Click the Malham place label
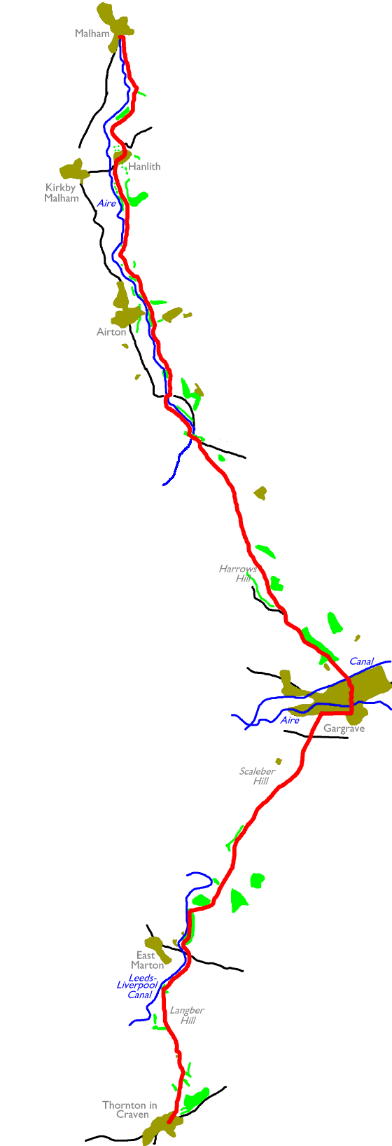[92, 34]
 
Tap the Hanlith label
[144, 167]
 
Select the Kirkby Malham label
[62, 193]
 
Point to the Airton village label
[111, 332]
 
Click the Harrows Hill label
[238, 574]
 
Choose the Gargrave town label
[344, 729]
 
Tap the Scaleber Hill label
[257, 776]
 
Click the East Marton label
[147, 960]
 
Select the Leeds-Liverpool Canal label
[137, 986]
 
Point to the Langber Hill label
[186, 1015]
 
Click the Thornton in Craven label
[129, 1110]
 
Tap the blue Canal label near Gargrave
[362, 661]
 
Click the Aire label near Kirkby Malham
[106, 203]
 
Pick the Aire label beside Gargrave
[290, 720]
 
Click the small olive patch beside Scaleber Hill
[279, 761]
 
